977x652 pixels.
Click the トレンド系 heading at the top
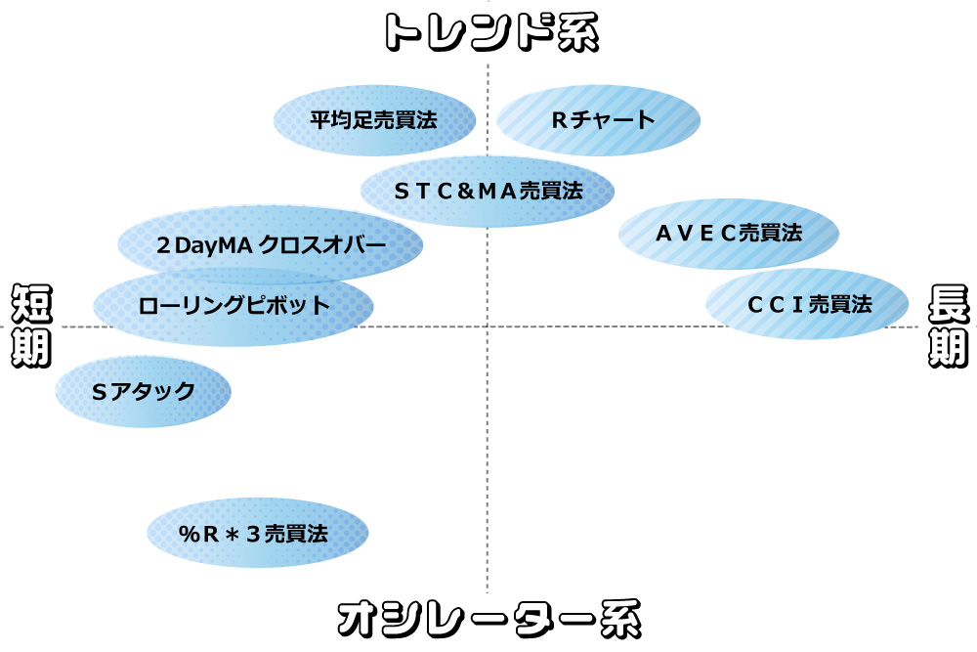coord(488,32)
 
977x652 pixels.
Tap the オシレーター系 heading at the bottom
coord(488,619)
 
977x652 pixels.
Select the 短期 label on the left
coord(30,326)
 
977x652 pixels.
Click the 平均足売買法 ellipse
coord(374,120)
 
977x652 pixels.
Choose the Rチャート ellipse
coord(598,120)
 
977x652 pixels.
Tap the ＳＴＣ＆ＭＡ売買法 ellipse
coord(488,191)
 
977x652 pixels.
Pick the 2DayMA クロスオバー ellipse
coord(271,244)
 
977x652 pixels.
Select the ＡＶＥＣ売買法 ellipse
coord(729,234)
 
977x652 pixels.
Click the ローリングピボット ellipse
coord(234,305)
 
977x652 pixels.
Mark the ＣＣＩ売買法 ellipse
coord(807,304)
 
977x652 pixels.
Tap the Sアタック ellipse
coord(144,391)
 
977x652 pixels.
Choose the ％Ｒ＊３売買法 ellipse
coord(258,533)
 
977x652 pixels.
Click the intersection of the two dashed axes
coord(487,326)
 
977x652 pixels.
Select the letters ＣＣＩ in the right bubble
coord(775,304)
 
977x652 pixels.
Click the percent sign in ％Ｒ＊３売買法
coord(189,534)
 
